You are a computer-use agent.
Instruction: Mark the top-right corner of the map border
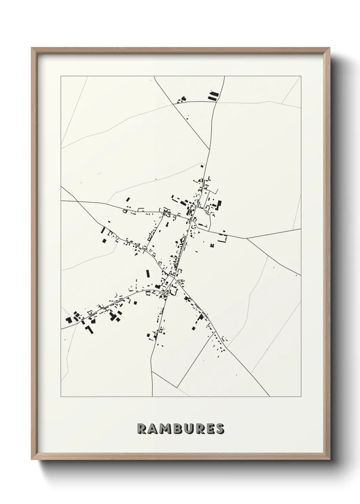point(301,76)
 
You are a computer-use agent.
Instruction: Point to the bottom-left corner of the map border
point(61,396)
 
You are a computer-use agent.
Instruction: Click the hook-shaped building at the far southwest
point(89,329)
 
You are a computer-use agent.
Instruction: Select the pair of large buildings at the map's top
point(212,96)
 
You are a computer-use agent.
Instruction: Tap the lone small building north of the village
point(202,166)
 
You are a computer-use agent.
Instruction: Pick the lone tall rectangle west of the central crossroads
point(148,274)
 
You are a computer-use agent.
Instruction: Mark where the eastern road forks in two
point(247,238)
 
